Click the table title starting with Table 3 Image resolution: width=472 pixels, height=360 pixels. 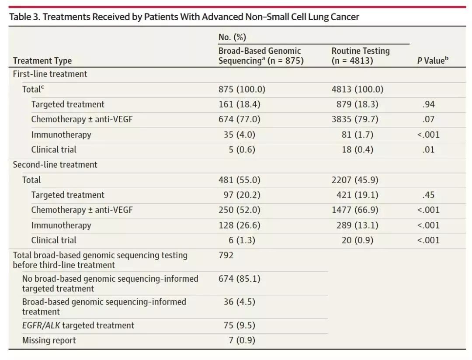(x=184, y=17)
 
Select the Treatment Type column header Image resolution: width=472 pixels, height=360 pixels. (x=42, y=61)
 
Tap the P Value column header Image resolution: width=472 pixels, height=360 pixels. (x=433, y=61)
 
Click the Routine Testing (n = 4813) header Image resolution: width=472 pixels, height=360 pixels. (x=361, y=56)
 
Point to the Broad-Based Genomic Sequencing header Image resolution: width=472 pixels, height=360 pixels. (x=261, y=56)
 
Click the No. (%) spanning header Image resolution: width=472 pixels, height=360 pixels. (x=232, y=37)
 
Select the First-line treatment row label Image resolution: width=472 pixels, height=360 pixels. (x=50, y=74)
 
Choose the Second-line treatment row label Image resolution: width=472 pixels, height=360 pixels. (x=55, y=165)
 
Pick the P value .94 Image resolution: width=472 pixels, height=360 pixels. (x=429, y=104)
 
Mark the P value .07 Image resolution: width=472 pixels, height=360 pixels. (x=429, y=119)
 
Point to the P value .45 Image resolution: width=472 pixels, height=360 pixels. (x=429, y=195)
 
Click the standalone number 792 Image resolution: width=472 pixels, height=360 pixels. (x=226, y=255)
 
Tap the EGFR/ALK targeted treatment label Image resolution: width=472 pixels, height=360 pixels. (x=78, y=325)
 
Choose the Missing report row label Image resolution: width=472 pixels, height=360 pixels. (x=49, y=340)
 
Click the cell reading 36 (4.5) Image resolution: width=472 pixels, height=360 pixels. (x=239, y=302)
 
